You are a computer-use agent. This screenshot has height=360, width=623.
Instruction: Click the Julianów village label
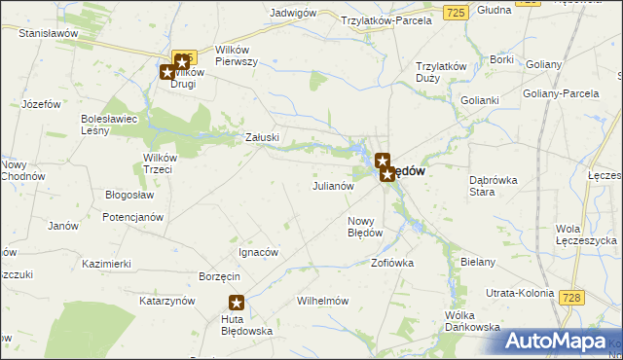click(x=331, y=186)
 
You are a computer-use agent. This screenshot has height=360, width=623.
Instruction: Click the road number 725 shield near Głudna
click(x=456, y=12)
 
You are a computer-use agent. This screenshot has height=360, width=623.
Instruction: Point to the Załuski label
click(x=263, y=138)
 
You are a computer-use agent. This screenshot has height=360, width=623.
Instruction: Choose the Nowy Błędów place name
click(x=365, y=227)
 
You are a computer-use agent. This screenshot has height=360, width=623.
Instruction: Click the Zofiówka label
click(x=393, y=263)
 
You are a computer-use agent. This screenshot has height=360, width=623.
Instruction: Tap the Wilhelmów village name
click(x=323, y=302)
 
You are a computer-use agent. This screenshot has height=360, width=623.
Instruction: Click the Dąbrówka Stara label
click(x=495, y=186)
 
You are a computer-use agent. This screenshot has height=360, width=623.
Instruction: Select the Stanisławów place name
click(x=48, y=33)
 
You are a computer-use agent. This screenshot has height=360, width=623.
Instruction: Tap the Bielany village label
click(x=479, y=263)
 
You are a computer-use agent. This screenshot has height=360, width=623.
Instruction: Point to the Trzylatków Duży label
click(x=441, y=72)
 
